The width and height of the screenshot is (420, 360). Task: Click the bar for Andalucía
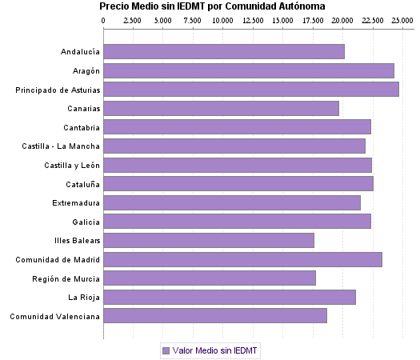tap(224, 52)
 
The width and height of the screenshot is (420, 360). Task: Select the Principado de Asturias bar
tap(251, 90)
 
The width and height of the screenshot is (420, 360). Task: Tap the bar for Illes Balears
tap(209, 240)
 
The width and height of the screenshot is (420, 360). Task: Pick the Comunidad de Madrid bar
tap(242, 259)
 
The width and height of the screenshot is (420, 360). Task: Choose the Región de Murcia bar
tap(210, 278)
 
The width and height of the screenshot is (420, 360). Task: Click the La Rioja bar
tap(230, 297)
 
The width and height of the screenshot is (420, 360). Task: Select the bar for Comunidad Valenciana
tap(215, 316)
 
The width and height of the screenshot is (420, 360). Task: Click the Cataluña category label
tap(82, 184)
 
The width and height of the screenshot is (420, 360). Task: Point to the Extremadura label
tap(76, 203)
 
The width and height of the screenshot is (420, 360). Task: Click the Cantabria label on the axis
tap(82, 127)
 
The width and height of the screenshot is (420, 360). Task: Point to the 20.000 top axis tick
tap(342, 21)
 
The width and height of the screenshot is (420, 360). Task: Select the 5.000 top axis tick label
tap(163, 21)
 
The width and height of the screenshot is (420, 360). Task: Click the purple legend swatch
tap(166, 350)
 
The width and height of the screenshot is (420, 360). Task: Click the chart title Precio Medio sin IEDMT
tap(212, 6)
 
